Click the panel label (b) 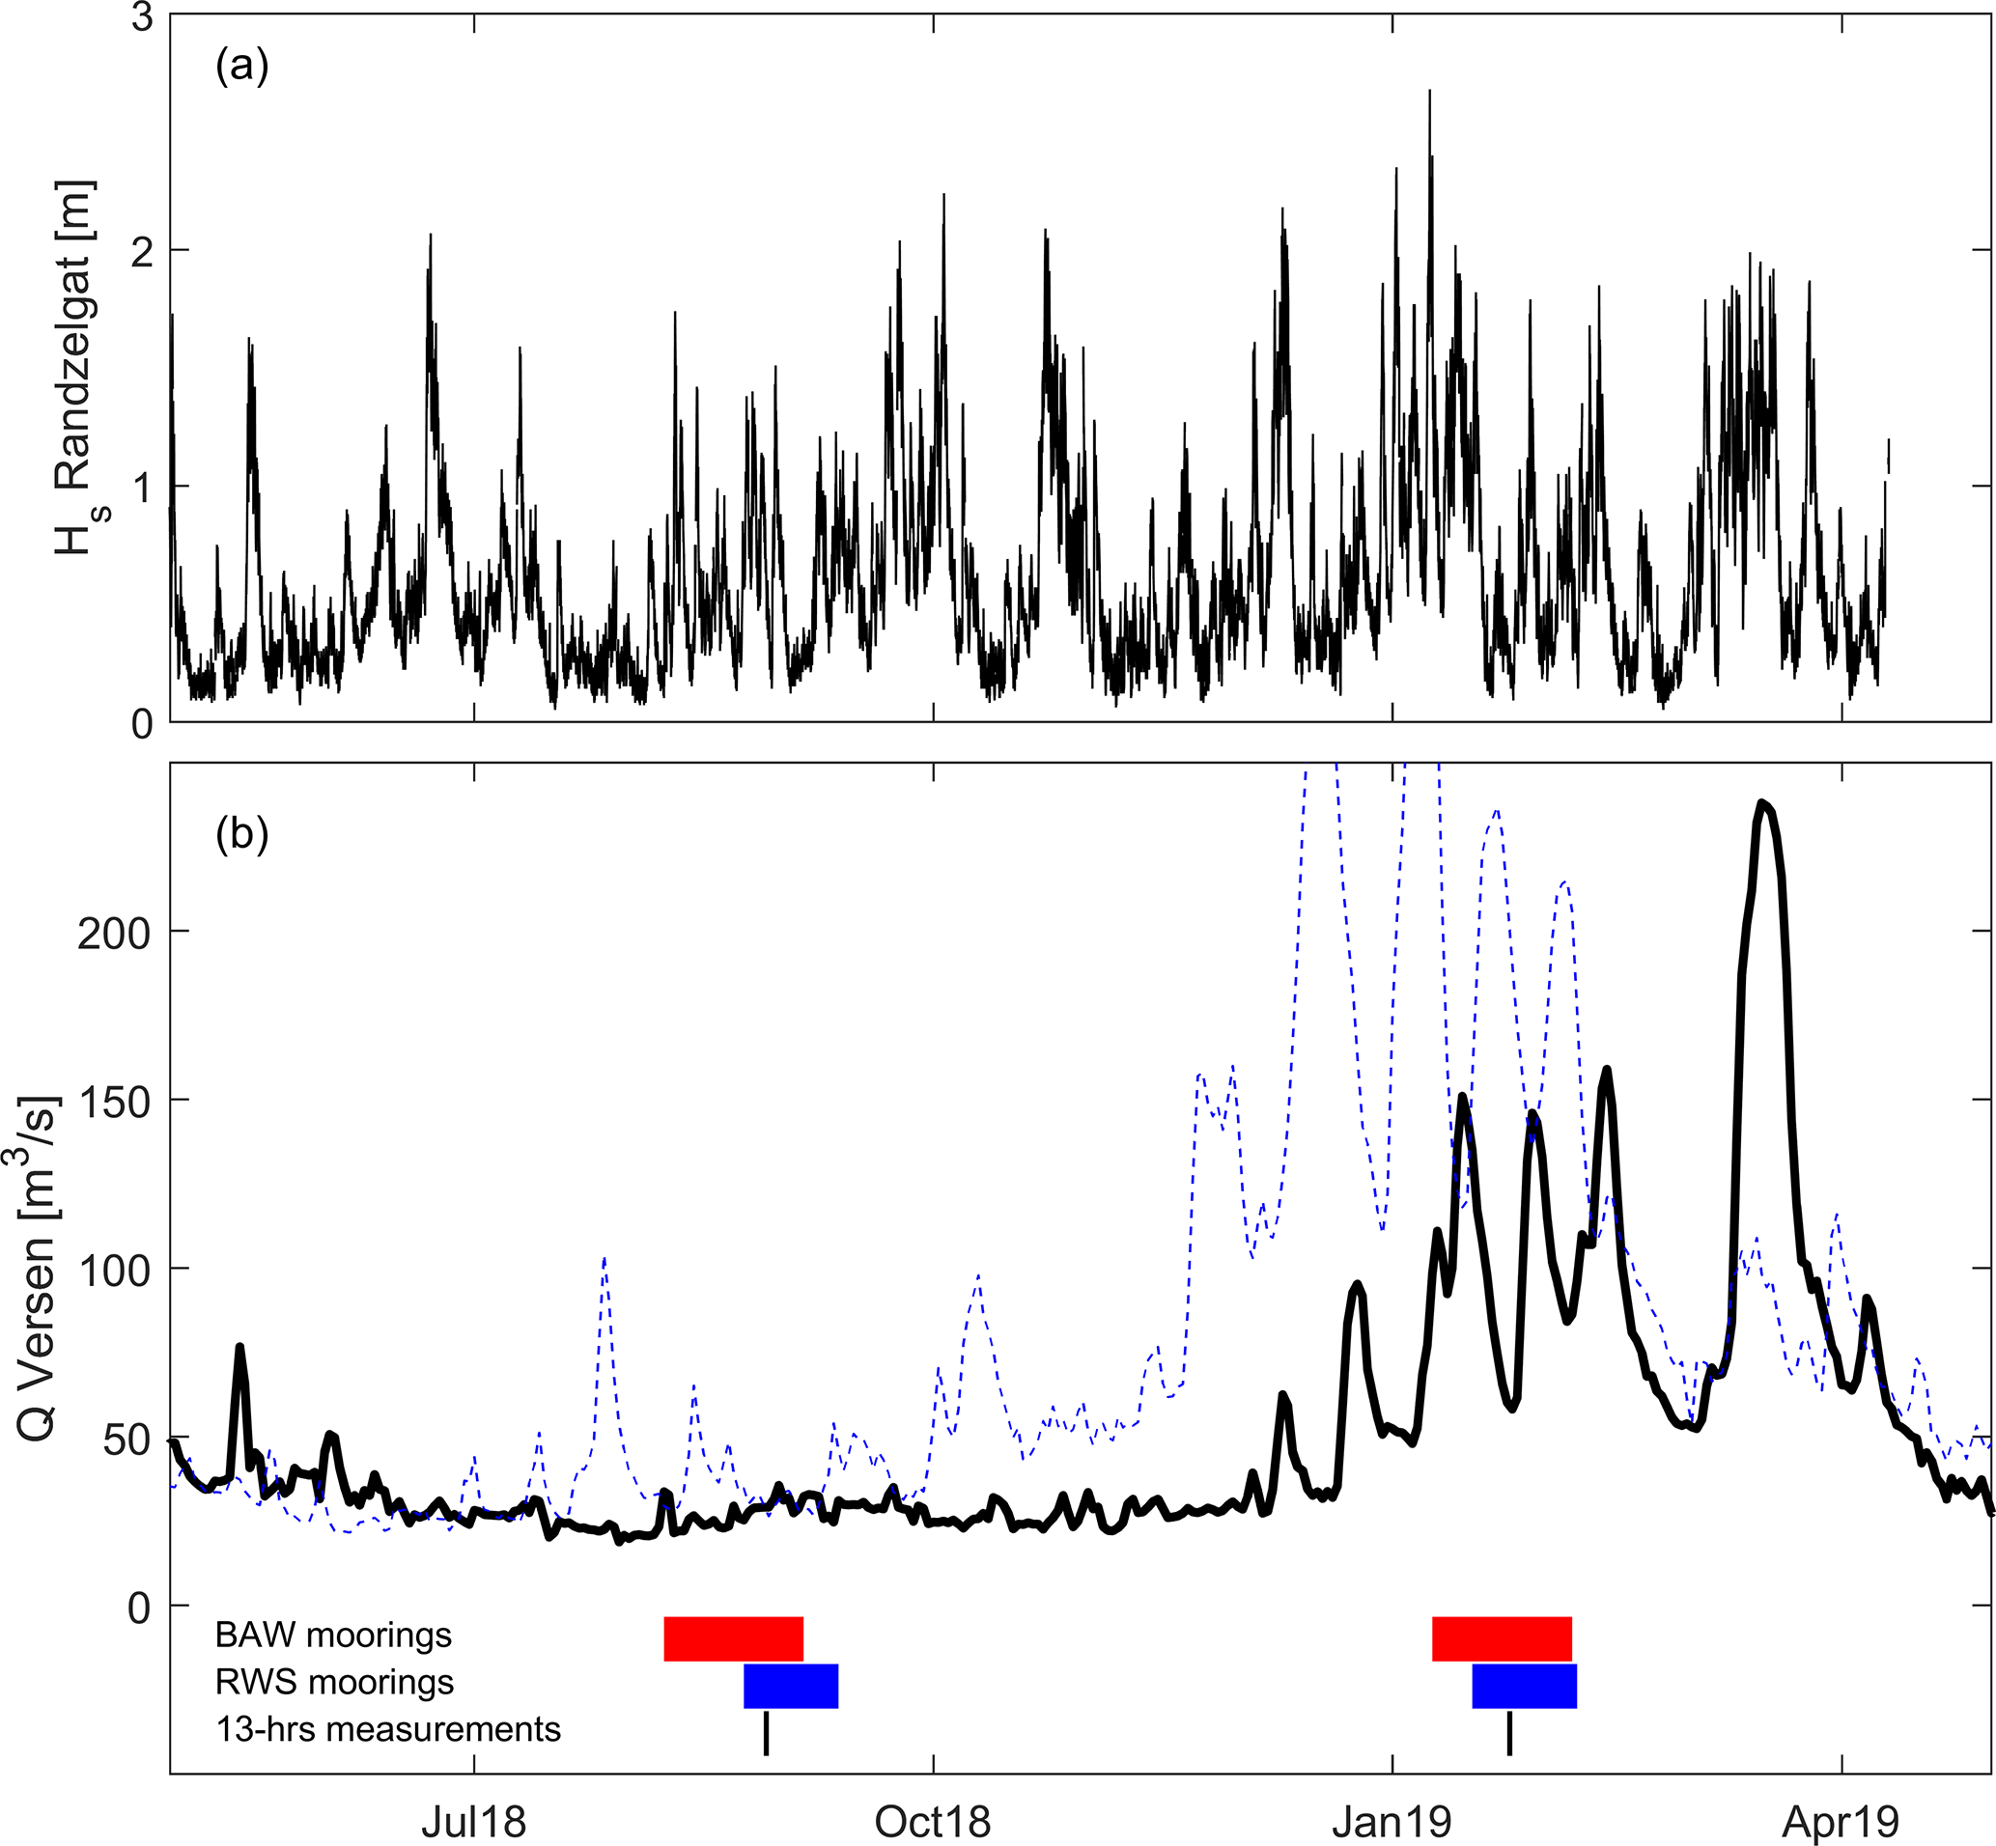pos(241,833)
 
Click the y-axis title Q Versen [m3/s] pos(40,1269)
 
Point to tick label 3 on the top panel pos(142,17)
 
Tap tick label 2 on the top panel pos(142,251)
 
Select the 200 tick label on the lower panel pos(113,933)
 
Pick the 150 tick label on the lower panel pos(113,1102)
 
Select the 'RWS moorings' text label pos(335,1682)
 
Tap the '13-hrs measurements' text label pos(387,1729)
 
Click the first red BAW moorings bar pos(733,1638)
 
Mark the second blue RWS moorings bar pos(1524,1685)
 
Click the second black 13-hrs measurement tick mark pos(1509,1733)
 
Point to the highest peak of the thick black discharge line pos(1762,803)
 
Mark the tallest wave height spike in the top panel pos(1429,92)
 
